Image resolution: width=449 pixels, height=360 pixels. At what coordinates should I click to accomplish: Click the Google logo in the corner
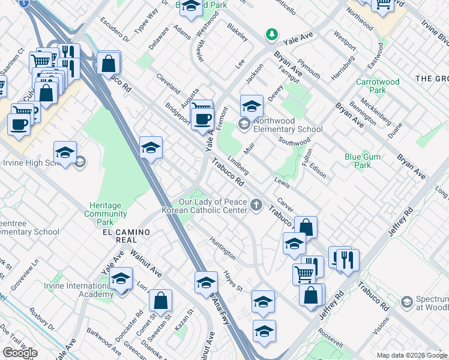point(20,353)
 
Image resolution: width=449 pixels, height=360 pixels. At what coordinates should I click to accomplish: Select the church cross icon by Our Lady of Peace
point(256,206)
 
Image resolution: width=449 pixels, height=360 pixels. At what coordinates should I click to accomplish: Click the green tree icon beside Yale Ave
point(272,34)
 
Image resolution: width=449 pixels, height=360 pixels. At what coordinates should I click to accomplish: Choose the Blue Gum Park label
point(366,161)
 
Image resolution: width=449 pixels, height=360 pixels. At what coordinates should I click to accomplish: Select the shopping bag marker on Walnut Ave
point(160,300)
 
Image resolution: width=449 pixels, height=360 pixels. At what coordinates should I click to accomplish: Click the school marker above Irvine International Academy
point(121,280)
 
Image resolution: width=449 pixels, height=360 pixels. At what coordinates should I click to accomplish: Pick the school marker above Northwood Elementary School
point(252,106)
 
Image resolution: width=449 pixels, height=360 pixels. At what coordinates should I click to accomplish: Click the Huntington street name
point(222,247)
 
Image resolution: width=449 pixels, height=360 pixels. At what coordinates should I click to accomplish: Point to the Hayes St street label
point(232,280)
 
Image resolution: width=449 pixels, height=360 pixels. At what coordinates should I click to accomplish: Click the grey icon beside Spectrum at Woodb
point(407,301)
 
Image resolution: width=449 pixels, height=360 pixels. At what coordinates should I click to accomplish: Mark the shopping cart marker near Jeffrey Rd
point(304,274)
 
